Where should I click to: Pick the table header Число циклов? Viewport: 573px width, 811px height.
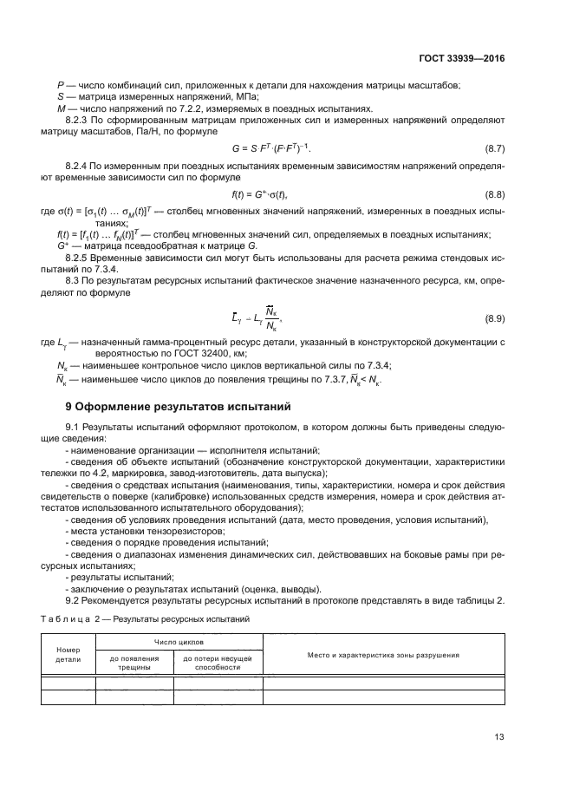click(179, 644)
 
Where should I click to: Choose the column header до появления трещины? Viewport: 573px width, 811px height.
click(134, 664)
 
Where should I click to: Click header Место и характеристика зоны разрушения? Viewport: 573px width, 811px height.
click(382, 655)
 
